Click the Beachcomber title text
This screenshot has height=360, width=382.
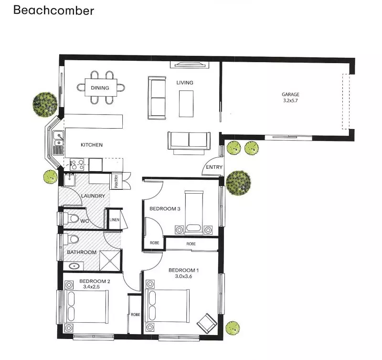point(53,11)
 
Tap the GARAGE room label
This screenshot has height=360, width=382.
point(290,94)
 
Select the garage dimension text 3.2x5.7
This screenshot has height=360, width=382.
point(290,100)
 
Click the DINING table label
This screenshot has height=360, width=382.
point(100,88)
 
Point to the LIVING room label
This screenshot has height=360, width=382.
point(185,83)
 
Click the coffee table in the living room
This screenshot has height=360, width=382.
point(186,104)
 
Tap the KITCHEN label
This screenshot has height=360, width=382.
point(92,145)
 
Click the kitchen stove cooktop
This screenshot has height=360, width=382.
point(77,164)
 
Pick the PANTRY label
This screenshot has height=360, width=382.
point(117,181)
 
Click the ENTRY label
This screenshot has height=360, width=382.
point(214,167)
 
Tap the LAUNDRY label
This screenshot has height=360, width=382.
point(93,196)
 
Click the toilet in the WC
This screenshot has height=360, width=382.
point(71,218)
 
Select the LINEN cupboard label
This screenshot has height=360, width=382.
point(114,220)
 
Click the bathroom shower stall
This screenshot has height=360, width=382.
point(110,260)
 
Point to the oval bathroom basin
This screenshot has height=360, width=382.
point(74,266)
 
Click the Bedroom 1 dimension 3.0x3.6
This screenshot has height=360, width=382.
point(183,276)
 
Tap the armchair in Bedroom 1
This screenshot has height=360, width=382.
point(207,323)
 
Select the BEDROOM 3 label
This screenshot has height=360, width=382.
point(165,209)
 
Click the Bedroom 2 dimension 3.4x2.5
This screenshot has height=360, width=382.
point(91,287)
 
